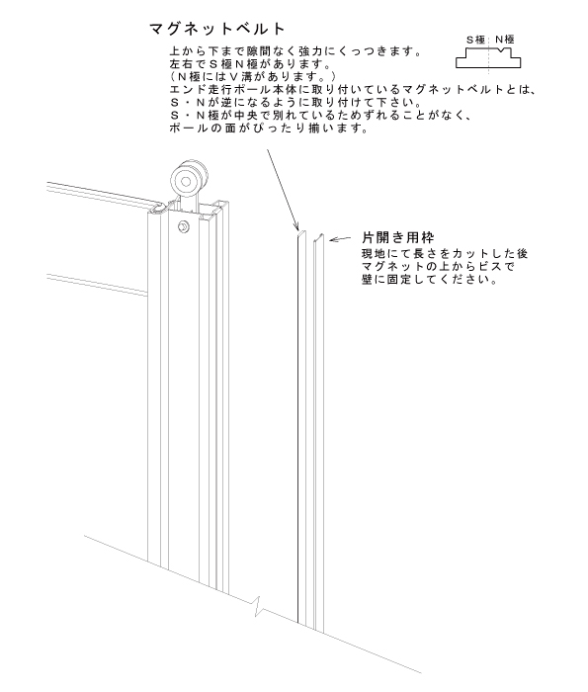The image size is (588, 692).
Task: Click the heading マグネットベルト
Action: [217, 29]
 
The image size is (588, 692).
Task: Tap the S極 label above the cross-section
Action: [475, 40]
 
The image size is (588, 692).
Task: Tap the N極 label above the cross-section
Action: [505, 40]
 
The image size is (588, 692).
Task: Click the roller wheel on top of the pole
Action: [187, 181]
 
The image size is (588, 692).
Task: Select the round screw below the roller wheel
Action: [184, 226]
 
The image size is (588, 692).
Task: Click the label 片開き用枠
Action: [398, 237]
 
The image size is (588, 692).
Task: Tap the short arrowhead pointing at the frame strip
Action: [334, 239]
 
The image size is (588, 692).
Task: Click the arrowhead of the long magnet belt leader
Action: [296, 226]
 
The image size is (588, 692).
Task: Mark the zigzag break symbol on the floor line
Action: [259, 607]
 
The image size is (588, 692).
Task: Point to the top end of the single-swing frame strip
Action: [318, 237]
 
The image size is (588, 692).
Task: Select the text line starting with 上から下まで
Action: [295, 51]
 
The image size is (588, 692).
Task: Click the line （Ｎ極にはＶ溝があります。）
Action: [254, 77]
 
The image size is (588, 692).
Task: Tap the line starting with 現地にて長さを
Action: [445, 254]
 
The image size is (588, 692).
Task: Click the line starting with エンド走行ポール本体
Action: [353, 90]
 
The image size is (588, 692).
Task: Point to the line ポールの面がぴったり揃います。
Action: [269, 129]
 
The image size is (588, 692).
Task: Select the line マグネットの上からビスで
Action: [438, 267]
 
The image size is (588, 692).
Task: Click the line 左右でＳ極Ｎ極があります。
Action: [250, 64]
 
